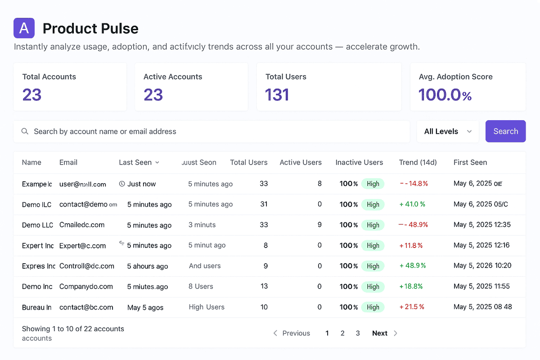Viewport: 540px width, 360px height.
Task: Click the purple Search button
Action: click(x=505, y=131)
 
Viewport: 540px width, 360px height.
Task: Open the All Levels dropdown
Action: click(x=448, y=131)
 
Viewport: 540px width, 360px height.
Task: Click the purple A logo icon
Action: click(x=24, y=28)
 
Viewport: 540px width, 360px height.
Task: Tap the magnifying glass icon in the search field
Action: click(x=25, y=131)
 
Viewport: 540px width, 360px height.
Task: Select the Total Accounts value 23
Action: click(x=32, y=95)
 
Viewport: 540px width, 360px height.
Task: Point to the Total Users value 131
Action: click(x=277, y=95)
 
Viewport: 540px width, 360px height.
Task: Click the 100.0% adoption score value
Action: click(x=445, y=95)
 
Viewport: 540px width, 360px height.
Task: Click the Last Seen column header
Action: click(x=139, y=162)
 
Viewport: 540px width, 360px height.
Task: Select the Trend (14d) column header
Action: click(x=418, y=162)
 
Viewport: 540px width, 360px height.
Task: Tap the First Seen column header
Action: click(x=470, y=162)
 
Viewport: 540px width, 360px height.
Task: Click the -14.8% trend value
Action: click(x=414, y=184)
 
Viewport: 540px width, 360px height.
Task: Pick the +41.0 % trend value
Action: click(x=412, y=204)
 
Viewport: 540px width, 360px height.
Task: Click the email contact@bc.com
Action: click(x=86, y=307)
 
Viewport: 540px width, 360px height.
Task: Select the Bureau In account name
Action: click(x=36, y=307)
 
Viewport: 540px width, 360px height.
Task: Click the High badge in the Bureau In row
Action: click(x=373, y=307)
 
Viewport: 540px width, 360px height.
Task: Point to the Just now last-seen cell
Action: click(x=141, y=184)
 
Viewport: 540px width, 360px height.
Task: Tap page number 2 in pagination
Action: click(x=342, y=333)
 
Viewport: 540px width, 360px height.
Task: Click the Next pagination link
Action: click(x=380, y=333)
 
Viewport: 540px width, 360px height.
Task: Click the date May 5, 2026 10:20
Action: click(x=482, y=266)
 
